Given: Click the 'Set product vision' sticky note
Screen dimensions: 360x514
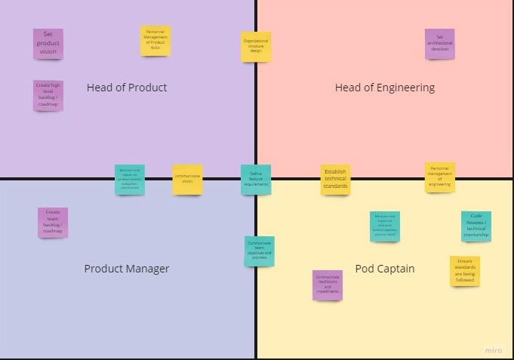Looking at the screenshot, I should coord(48,44).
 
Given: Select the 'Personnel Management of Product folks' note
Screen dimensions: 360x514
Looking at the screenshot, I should coord(155,41).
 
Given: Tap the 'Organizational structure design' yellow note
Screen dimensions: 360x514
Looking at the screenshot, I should coord(256,47).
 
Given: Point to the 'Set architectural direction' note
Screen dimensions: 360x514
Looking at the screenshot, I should coord(440,44).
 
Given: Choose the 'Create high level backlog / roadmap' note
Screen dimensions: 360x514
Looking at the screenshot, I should coord(48,96).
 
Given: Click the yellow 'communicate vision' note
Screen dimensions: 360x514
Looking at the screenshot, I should coord(187,180).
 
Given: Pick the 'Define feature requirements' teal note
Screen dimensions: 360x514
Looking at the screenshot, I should coord(256,180).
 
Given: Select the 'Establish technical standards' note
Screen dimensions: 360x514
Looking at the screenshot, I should coord(335,180).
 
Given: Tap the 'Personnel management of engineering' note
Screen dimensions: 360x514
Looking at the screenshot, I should coord(440,177).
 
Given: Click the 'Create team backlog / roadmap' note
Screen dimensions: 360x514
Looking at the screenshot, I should coord(53,223).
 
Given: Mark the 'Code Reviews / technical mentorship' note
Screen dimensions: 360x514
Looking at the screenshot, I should coord(476,226).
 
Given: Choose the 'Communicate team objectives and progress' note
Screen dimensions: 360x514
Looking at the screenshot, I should coord(259,251).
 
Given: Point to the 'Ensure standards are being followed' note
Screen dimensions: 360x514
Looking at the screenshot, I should coord(465,271).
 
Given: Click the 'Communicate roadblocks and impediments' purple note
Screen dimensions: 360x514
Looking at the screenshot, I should coord(328,285).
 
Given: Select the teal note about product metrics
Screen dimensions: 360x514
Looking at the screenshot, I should coord(130,180).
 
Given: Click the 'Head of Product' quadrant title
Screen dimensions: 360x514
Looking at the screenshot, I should coord(127,88).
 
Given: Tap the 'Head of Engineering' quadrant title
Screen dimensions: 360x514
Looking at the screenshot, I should coord(385,88).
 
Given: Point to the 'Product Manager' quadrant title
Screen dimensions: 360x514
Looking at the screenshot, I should coord(127,269).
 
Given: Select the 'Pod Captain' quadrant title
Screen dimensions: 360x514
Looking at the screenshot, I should coord(385,269).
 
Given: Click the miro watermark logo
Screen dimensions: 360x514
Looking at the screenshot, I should coord(493,350).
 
